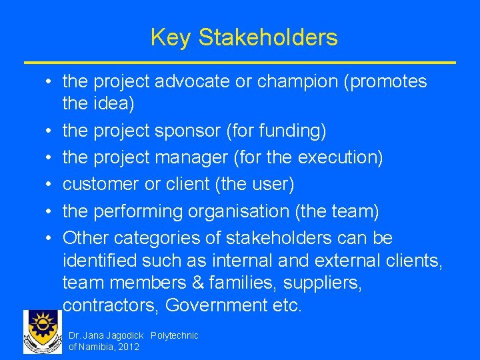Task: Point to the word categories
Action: (161, 238)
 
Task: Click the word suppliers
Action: (323, 283)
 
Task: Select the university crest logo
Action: (42, 332)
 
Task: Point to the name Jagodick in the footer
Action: (124, 335)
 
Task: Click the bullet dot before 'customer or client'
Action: (50, 184)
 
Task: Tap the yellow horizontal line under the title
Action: (240, 62)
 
